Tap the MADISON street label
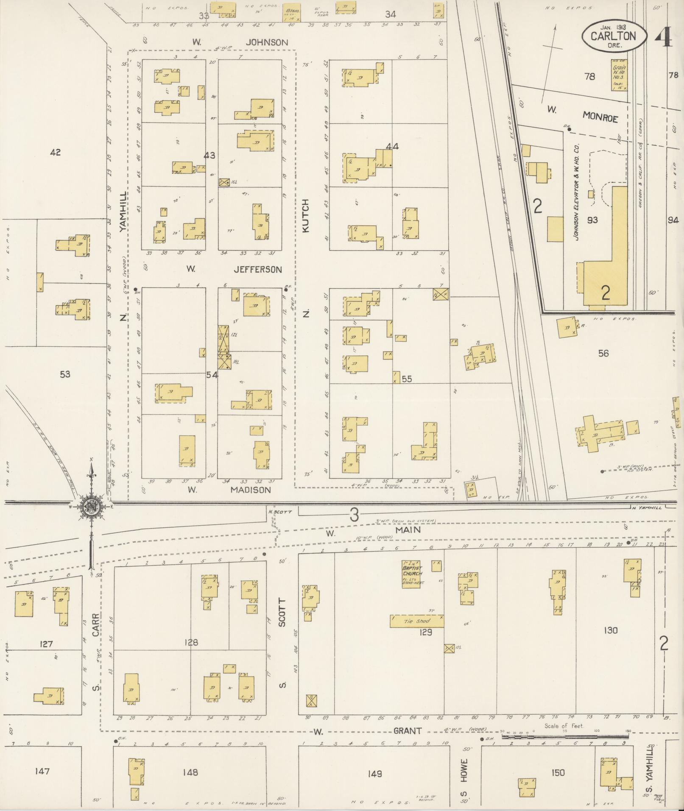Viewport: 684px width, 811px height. [250, 490]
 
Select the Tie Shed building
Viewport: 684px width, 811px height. [416, 621]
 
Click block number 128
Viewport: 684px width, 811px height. [191, 643]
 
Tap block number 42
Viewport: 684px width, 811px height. [55, 152]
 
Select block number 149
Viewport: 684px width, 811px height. [375, 774]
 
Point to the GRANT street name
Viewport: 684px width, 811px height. [408, 731]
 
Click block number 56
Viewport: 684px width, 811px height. [603, 353]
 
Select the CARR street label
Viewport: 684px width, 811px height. [96, 625]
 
